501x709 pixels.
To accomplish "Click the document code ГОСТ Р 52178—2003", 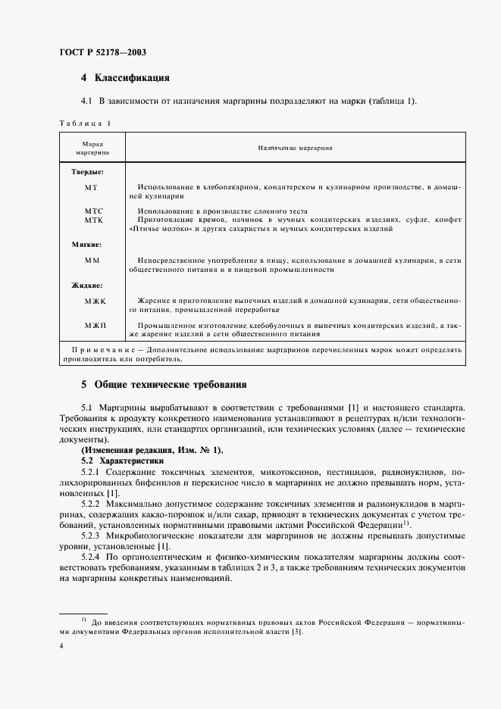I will (102, 53).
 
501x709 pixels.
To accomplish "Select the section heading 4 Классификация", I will (125, 77).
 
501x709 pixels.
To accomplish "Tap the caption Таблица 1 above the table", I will (84, 123).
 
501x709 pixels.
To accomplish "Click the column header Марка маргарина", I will (92, 148).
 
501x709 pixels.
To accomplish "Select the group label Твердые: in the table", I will (87, 172).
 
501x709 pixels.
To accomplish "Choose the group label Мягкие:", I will (87, 245).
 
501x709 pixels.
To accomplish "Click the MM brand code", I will (92, 260).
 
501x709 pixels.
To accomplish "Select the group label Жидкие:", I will (87, 286).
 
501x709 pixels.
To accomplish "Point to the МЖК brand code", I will (96, 301).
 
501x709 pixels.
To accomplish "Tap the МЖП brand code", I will (96, 324).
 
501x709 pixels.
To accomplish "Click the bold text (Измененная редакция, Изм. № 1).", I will (152, 450).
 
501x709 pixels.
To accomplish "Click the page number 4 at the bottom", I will (61, 645).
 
